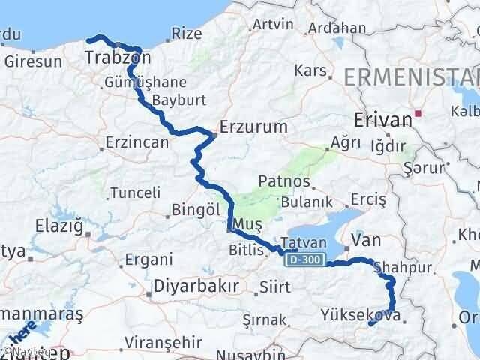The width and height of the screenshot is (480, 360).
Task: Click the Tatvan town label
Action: pos(304,243)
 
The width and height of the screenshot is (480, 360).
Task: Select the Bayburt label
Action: pos(173,100)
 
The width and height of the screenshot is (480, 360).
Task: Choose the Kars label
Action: pos(312,71)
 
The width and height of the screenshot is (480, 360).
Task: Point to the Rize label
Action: pos(187,33)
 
